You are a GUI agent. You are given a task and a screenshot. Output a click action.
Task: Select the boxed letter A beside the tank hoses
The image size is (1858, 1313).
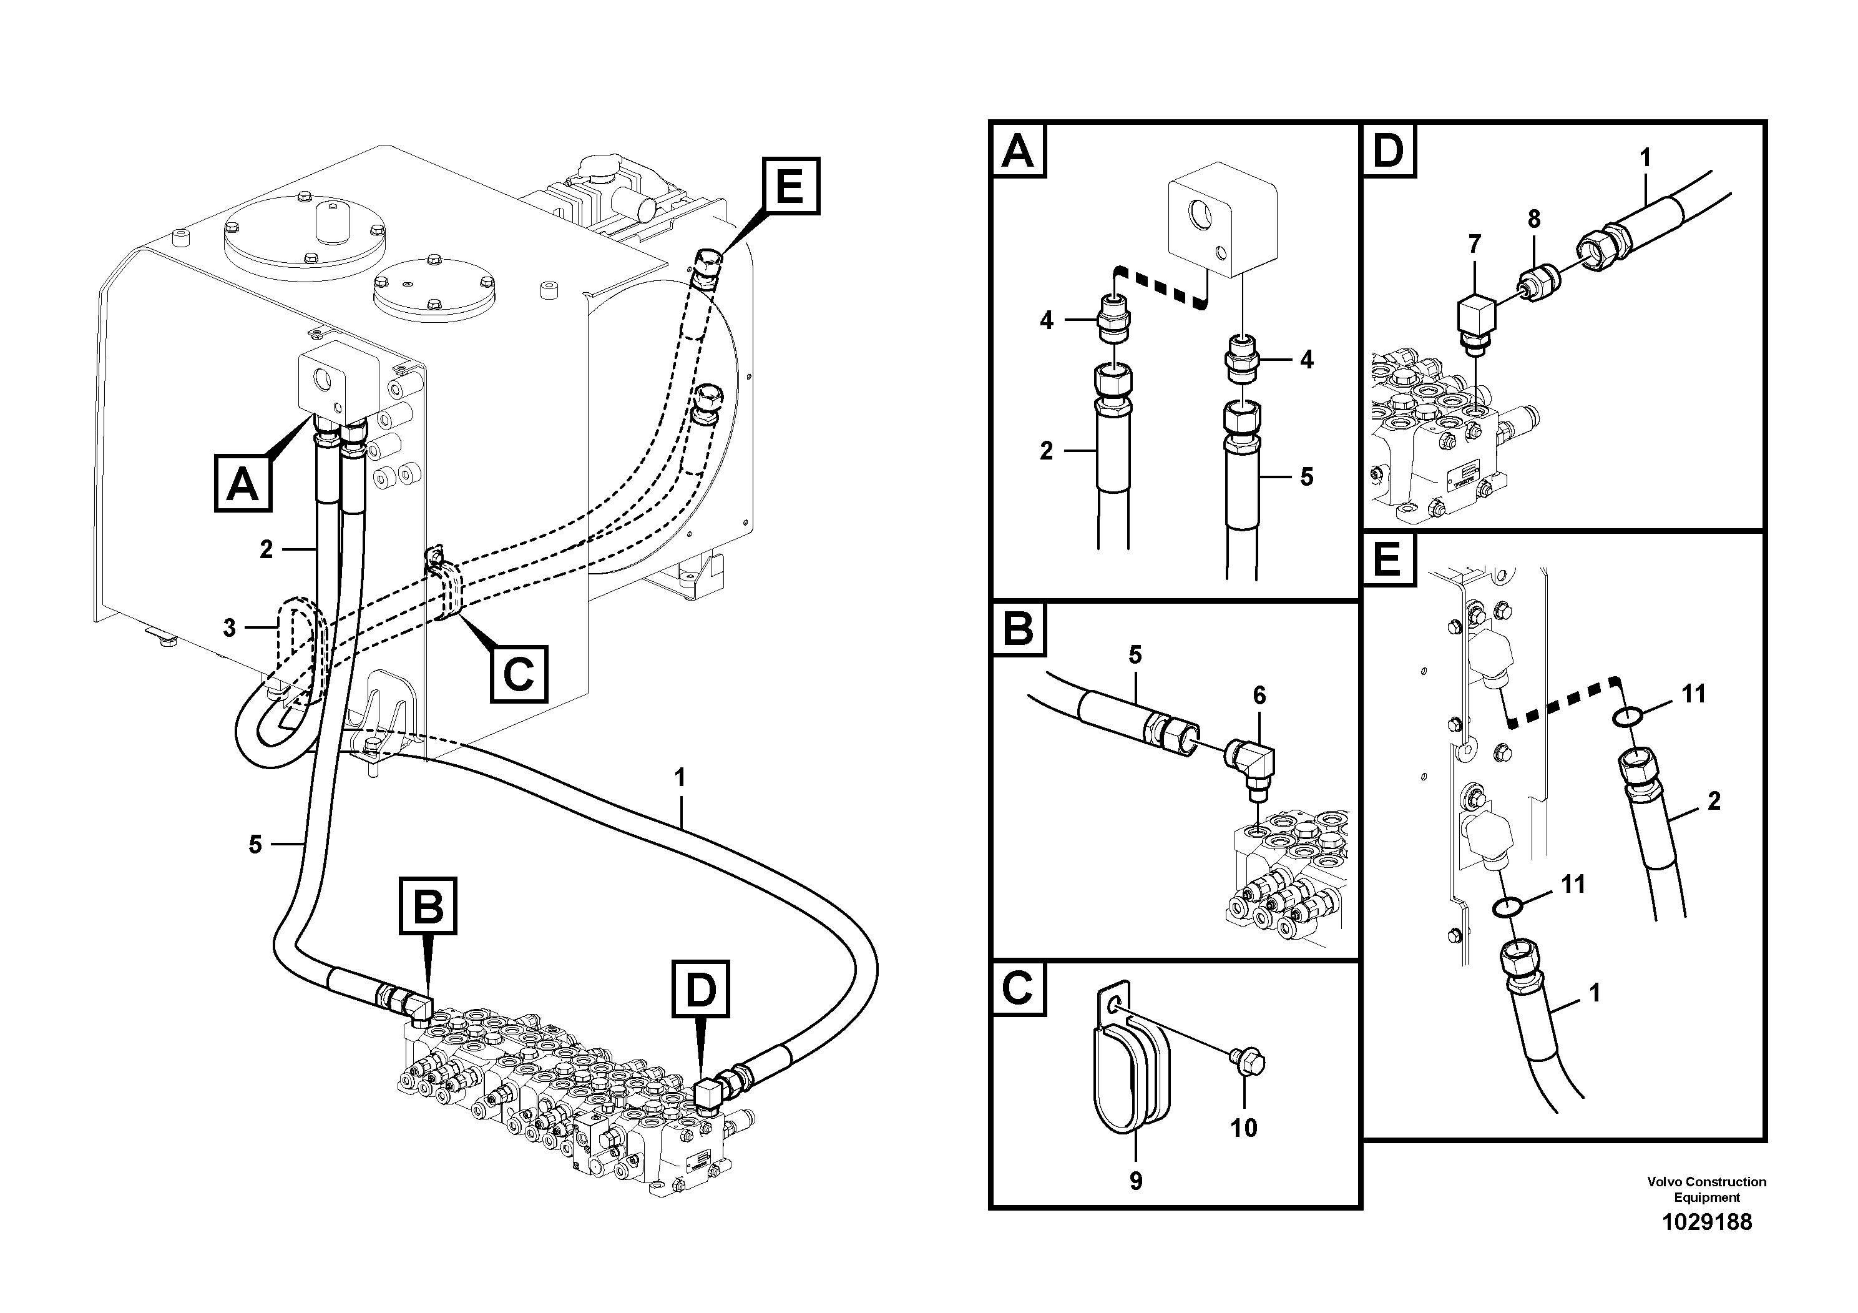point(242,484)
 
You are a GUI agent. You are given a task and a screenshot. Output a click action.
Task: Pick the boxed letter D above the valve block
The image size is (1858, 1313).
point(701,988)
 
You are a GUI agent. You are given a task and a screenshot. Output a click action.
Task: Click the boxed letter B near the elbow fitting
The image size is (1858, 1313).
point(428,905)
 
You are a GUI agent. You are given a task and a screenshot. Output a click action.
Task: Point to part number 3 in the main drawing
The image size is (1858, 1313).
point(230,627)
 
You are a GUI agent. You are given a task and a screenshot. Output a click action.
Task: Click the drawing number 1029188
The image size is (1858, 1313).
point(1706,1221)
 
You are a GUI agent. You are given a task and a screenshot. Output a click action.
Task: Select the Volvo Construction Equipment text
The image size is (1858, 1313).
point(1706,1189)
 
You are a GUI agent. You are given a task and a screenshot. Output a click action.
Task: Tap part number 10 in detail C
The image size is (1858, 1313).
point(1244,1128)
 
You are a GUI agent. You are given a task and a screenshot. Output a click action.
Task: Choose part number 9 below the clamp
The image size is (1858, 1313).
point(1135,1181)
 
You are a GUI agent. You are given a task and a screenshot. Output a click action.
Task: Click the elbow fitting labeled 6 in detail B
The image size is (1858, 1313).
point(1250,761)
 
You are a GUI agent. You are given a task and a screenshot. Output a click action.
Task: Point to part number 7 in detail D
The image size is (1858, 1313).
point(1474,243)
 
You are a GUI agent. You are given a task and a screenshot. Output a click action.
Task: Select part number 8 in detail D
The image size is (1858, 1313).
point(1533,219)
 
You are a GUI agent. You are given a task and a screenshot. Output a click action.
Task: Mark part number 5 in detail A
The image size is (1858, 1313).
point(1306,477)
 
